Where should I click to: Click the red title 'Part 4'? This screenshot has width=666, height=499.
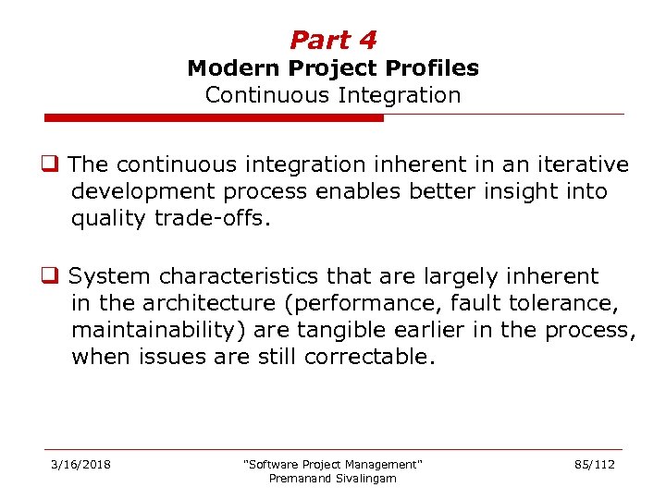(333, 40)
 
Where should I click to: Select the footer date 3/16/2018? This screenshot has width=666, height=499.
(80, 464)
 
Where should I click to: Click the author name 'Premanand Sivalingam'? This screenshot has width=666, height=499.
(332, 478)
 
